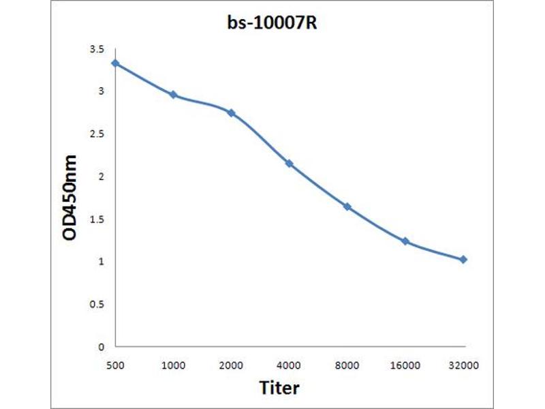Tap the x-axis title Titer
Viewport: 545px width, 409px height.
coord(279,388)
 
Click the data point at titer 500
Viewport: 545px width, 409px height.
coord(115,63)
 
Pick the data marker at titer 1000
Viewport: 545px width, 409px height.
coord(173,95)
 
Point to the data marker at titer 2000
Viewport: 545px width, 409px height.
coord(231,112)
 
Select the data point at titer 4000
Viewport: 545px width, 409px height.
coord(289,164)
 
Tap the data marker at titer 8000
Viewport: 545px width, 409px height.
coord(347,207)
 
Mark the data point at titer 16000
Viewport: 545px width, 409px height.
coord(405,241)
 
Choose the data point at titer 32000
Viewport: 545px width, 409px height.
coord(463,260)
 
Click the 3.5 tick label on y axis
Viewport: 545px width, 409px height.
coord(97,49)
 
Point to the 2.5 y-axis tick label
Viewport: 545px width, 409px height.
coord(97,134)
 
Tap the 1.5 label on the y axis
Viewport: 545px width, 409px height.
coord(97,219)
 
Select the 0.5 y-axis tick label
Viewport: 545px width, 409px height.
coord(97,304)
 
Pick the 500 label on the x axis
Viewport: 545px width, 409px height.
coord(115,365)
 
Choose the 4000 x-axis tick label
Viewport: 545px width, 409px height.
coord(289,365)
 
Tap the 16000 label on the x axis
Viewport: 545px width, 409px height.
coord(405,365)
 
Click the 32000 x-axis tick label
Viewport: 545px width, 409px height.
coord(463,365)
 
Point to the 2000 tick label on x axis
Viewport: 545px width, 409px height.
coord(231,365)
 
